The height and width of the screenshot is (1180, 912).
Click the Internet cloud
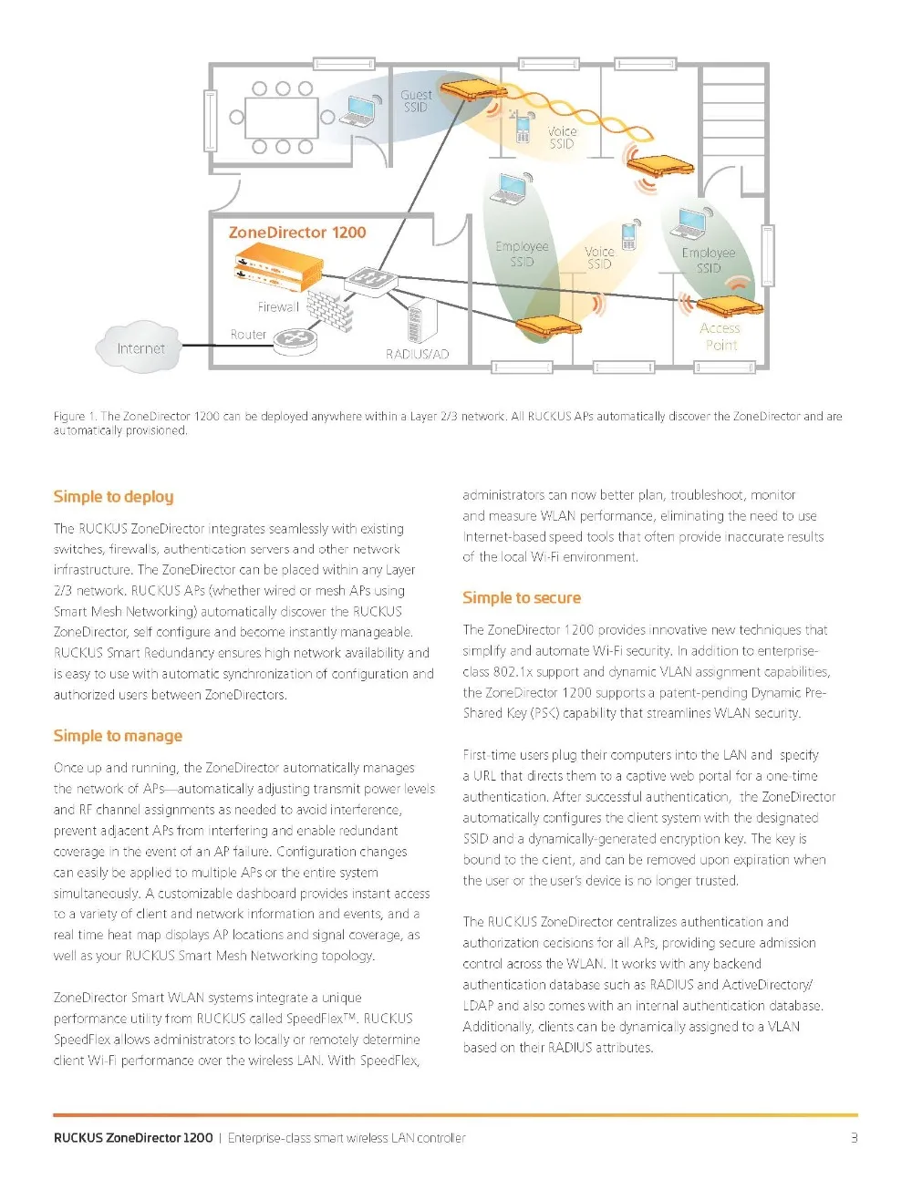[139, 347]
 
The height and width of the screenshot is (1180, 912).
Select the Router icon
[295, 338]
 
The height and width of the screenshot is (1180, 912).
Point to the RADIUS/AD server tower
[421, 321]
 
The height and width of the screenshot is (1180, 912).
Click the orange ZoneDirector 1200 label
[296, 233]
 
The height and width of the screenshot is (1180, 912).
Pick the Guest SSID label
[416, 100]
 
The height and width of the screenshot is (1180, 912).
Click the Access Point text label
[720, 336]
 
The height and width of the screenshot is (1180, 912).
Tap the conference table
[281, 117]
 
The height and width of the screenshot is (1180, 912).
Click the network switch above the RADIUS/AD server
[370, 279]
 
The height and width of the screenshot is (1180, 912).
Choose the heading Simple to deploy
[113, 497]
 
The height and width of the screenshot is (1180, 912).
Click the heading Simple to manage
[118, 736]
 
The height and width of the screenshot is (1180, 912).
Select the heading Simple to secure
[521, 598]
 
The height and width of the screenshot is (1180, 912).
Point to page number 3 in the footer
[854, 1137]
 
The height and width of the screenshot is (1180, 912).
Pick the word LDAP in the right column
[479, 1006]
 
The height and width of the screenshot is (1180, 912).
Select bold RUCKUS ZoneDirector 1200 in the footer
[133, 1137]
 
